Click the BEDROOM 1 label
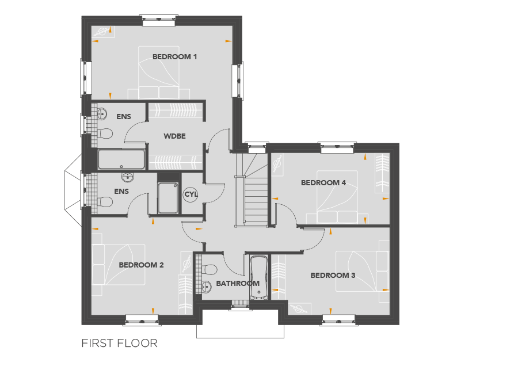click(x=174, y=57)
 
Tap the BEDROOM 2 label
click(x=141, y=265)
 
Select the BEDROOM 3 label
click(x=333, y=276)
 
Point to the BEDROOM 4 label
click(x=323, y=182)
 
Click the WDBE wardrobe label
click(x=174, y=136)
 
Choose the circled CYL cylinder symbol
click(x=191, y=194)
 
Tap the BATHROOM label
click(x=238, y=283)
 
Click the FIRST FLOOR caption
click(x=119, y=343)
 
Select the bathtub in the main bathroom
click(x=258, y=277)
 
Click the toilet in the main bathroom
click(x=209, y=269)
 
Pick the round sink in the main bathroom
click(x=207, y=287)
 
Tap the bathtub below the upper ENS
click(x=121, y=159)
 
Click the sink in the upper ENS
click(x=102, y=114)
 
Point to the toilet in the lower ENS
click(x=105, y=202)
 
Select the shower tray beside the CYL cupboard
click(x=168, y=198)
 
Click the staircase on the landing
click(x=252, y=190)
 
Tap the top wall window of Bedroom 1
click(x=159, y=21)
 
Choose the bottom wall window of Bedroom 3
click(x=338, y=320)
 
